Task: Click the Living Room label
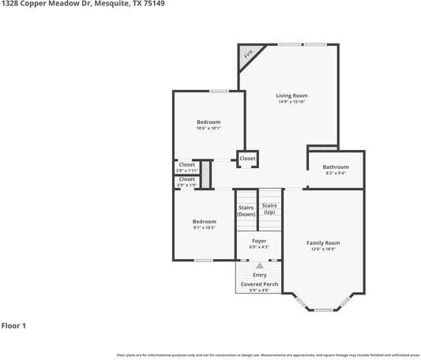pyautogui.click(x=291, y=96)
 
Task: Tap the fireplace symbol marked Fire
pyautogui.click(x=248, y=54)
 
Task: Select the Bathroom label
pyautogui.click(x=335, y=167)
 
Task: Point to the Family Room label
pyautogui.click(x=322, y=242)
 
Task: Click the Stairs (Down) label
pyautogui.click(x=246, y=211)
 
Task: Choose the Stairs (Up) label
pyautogui.click(x=269, y=208)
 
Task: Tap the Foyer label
pyautogui.click(x=258, y=240)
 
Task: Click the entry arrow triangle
pyautogui.click(x=258, y=265)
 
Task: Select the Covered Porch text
pyautogui.click(x=258, y=283)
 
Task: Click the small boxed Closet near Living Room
pyautogui.click(x=247, y=158)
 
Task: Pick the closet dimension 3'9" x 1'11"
pyautogui.click(x=186, y=171)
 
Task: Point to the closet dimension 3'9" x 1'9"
pyautogui.click(x=186, y=185)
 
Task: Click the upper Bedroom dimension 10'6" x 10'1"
pyautogui.click(x=209, y=129)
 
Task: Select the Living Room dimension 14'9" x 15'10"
pyautogui.click(x=291, y=102)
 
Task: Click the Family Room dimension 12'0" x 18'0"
pyautogui.click(x=322, y=249)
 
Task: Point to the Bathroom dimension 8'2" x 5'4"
pyautogui.click(x=335, y=173)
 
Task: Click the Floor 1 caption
pyautogui.click(x=14, y=325)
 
